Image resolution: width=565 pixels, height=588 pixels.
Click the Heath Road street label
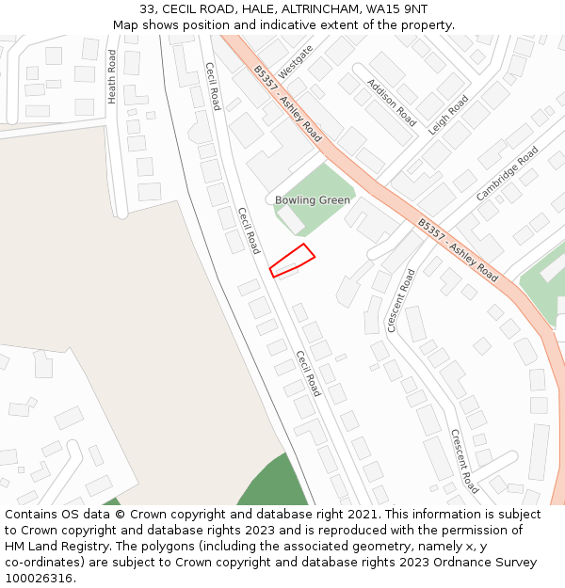coord(111,76)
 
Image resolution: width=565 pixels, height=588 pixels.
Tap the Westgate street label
coord(295,61)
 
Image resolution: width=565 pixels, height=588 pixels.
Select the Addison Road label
coord(392,103)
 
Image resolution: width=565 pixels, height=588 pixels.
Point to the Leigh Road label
coord(448,116)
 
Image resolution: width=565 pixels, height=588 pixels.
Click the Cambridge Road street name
coord(508,173)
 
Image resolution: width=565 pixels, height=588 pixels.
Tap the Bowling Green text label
coord(313,200)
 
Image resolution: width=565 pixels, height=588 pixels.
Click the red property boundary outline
coord(292,261)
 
